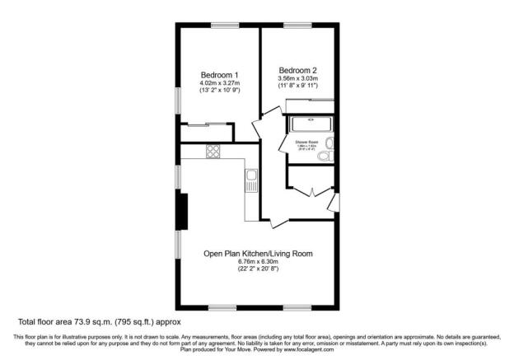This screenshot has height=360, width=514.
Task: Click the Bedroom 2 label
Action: point(297,69)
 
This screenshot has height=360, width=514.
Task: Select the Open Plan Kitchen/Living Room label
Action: point(258,253)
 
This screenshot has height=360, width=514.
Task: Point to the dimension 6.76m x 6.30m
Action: point(258,262)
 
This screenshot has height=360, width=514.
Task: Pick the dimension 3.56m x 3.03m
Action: point(297,78)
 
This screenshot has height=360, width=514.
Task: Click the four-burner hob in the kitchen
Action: point(213,152)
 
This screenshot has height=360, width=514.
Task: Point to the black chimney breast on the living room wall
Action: point(182,212)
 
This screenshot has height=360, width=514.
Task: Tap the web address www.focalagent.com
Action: point(310,349)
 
